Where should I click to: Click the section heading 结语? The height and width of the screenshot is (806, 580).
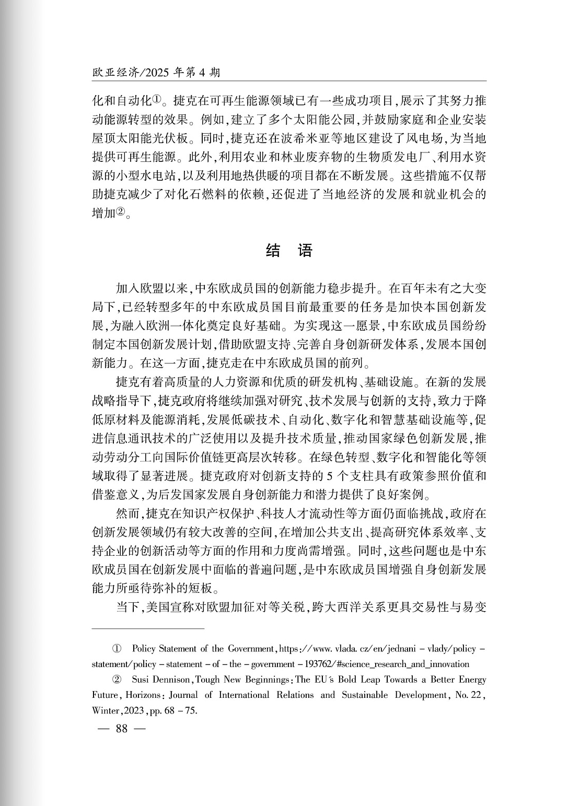tap(289, 251)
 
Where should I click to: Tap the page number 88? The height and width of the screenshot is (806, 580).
tap(122, 729)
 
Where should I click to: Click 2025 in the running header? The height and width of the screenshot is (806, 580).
tap(155, 73)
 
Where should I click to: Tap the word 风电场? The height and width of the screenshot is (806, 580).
tap(423, 138)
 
